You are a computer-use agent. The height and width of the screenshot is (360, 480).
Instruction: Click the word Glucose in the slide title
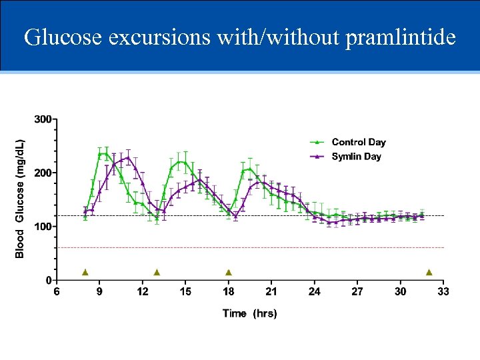coord(63,37)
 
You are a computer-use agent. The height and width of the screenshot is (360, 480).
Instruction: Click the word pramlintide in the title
coord(400,37)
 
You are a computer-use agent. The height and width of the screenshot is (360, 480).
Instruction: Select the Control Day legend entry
coord(358,142)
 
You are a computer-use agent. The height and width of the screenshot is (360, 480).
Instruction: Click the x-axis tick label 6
coord(57,292)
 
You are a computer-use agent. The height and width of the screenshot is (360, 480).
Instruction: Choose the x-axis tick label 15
coord(185,292)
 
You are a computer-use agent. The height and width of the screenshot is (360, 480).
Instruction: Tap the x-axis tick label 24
coord(314,292)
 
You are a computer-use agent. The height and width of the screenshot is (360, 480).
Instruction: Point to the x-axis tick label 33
coord(443,292)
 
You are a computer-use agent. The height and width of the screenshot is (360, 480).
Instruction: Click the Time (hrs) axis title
coord(249,313)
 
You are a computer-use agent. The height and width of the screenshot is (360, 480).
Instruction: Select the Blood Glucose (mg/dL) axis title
coord(20,199)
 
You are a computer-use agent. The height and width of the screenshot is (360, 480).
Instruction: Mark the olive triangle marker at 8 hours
coord(85,272)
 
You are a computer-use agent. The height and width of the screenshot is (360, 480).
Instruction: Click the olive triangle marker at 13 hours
coord(157,272)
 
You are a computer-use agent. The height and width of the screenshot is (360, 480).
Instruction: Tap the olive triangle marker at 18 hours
coord(228,272)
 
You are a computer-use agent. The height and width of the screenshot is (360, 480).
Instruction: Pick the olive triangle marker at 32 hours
coord(429,272)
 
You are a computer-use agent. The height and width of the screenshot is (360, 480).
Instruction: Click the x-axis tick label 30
coord(400,292)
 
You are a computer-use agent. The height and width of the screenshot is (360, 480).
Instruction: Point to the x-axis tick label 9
coord(99,292)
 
